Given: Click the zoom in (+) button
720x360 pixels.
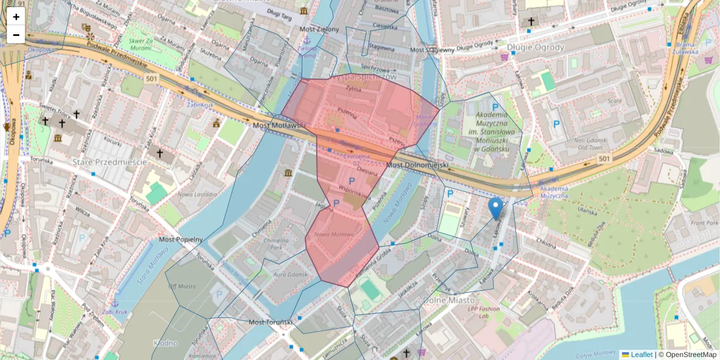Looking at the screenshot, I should click(x=16, y=17).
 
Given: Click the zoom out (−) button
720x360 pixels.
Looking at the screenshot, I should click(x=16, y=35).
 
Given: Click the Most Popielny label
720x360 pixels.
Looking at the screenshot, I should click(x=181, y=239).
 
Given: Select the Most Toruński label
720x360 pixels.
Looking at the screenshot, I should click(x=271, y=322).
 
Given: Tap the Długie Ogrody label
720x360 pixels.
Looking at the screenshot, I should click(x=535, y=47).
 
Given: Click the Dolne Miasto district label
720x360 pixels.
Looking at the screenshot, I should click(x=449, y=299).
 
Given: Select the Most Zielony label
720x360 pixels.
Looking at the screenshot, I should click(x=319, y=29).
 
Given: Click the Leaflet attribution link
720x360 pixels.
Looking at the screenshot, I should click(x=641, y=355).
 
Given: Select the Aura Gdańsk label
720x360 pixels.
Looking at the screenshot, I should click(x=290, y=274).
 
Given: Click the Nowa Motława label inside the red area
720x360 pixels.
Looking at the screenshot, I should click(x=334, y=234).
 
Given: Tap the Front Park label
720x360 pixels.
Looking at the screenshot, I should click(x=700, y=223).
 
